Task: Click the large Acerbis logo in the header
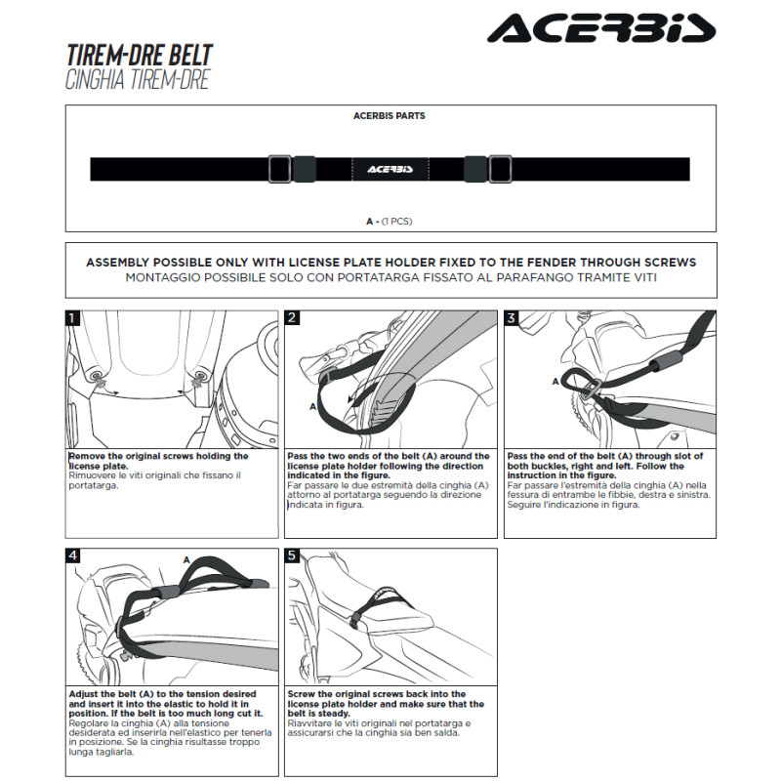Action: click(601, 28)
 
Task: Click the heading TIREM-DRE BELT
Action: click(140, 56)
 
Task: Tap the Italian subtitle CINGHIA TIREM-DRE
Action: click(138, 80)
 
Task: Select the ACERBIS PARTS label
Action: click(389, 116)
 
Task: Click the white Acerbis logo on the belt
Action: click(390, 169)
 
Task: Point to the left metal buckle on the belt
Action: click(279, 169)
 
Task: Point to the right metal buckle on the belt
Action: click(500, 169)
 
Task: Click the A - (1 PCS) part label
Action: click(389, 222)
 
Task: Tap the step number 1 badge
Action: click(72, 318)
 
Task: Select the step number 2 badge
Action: click(292, 318)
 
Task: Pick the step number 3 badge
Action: click(512, 318)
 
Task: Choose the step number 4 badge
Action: click(72, 555)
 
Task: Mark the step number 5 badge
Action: click(292, 555)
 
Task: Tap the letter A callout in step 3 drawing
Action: click(555, 382)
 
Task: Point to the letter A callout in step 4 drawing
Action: click(186, 559)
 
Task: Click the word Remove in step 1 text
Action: click(87, 456)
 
